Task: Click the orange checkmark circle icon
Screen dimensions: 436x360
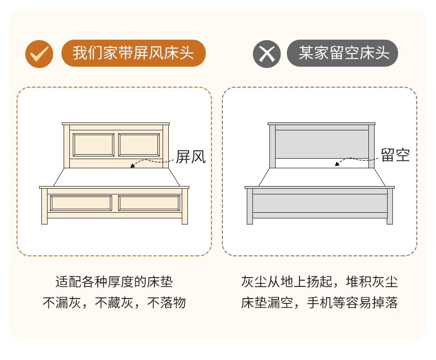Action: [39, 54]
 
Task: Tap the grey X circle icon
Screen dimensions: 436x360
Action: [267, 54]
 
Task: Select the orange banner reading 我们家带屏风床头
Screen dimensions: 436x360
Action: [133, 53]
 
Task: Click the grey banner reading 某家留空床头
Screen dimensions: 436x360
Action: [342, 53]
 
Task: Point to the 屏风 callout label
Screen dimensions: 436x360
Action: [191, 157]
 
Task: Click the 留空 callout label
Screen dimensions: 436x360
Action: [395, 155]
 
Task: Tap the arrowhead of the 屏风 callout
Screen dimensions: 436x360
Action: [133, 166]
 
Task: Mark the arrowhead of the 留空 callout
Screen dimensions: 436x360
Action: [337, 164]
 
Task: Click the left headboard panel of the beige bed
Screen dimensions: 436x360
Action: [93, 145]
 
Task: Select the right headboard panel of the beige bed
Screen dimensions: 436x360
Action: [139, 145]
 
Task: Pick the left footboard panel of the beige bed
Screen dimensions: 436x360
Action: [81, 203]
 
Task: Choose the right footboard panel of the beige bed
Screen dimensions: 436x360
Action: [149, 203]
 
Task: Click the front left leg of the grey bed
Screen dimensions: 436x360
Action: [250, 206]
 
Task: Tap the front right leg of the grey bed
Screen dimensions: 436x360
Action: [390, 206]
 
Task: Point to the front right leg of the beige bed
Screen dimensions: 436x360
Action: [185, 206]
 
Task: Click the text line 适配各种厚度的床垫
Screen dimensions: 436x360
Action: [114, 282]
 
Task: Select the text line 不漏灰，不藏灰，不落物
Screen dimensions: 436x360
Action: [114, 302]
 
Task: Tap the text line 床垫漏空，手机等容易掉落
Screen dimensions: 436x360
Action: [320, 302]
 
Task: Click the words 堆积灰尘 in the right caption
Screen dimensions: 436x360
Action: [372, 282]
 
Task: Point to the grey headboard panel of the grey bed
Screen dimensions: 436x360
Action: [322, 144]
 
